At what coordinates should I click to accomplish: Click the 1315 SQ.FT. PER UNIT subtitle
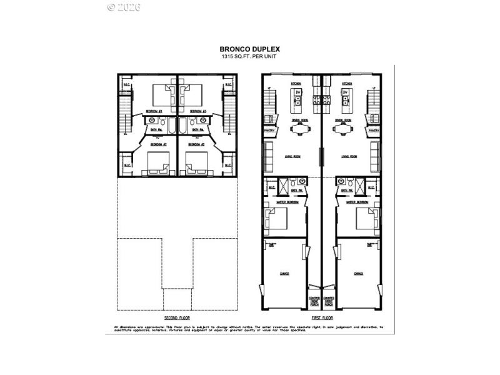(249, 57)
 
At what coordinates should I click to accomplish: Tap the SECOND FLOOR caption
(177, 318)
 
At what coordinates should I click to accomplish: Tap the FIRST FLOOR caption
(322, 318)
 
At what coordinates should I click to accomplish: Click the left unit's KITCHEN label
(296, 82)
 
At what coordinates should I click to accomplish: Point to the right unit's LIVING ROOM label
(349, 156)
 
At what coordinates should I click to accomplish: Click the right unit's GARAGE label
(359, 273)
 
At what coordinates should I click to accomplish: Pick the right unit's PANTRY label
(374, 131)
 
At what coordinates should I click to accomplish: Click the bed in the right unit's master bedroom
(365, 220)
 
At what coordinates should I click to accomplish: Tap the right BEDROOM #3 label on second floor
(199, 111)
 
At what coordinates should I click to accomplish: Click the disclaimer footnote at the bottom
(248, 328)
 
